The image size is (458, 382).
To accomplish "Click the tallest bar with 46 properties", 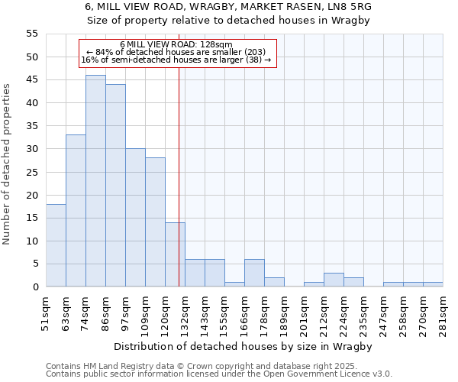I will pos(95,181).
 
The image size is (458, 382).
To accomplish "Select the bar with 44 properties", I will pos(115,186).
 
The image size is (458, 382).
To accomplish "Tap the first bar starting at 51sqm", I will pos(56,245).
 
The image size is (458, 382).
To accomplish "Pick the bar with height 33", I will pos(76,211).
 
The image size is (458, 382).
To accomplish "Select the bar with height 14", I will pos(175,254).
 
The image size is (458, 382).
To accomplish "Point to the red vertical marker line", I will pos(179,176).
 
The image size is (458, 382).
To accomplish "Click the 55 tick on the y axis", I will pos(32,34).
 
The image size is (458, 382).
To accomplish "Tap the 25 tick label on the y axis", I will pos(32,172).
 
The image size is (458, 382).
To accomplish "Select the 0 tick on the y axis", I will pos(35,287).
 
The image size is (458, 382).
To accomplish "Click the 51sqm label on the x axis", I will pos(46,311).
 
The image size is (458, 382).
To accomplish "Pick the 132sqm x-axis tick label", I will pos(185,311).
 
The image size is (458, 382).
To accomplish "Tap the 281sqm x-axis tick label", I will pos(443,311).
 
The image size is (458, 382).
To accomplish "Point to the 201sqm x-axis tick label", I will pos(304,311).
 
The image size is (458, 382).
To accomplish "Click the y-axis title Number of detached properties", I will pos(8,164).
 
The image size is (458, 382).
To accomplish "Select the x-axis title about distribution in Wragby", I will pos(244,346).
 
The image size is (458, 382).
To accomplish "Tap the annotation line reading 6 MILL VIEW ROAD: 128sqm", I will pos(176,45).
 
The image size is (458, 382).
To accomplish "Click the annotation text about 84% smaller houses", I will pos(176,52).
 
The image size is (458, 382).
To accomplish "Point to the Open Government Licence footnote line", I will pos(219,374).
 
